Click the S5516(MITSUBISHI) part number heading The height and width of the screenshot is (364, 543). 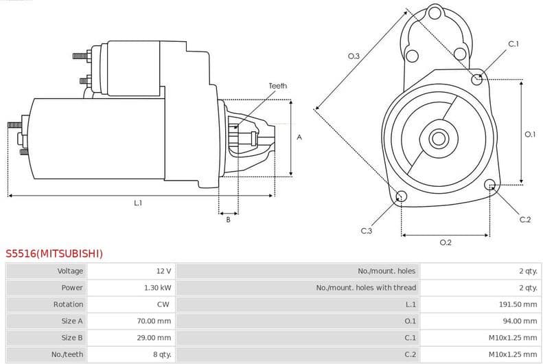point(55,253)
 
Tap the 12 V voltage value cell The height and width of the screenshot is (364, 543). point(163,271)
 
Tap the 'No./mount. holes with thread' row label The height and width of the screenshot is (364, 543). point(366,288)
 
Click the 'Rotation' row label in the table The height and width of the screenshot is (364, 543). point(68,304)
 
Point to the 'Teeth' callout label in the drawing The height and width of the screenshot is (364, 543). point(277,86)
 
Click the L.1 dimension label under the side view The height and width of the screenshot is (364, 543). point(138,203)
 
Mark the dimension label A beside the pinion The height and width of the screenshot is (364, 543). point(299,137)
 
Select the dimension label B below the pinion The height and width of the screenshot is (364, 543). point(228,220)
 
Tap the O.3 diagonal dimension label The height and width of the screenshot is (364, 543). point(354,56)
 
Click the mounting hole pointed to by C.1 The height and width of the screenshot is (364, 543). point(477,79)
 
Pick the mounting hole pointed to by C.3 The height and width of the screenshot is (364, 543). point(402,198)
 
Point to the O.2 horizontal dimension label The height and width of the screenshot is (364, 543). point(445,242)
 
